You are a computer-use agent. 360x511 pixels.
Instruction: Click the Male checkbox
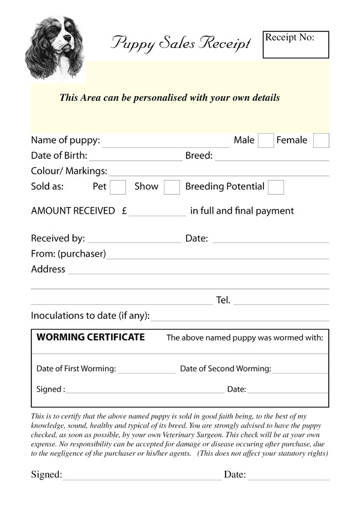265,141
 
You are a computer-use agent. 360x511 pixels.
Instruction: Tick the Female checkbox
321,141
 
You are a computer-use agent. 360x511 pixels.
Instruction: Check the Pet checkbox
118,187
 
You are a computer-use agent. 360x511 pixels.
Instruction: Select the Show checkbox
172,187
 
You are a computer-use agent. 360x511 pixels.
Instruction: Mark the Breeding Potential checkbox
276,187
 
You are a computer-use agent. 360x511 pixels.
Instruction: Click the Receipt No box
296,45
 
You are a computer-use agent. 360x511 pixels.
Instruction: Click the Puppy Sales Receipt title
181,42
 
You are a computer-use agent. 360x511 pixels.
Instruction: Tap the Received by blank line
134,242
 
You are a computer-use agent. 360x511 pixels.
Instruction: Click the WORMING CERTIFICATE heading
91,337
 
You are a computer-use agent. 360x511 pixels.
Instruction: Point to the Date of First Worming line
147,373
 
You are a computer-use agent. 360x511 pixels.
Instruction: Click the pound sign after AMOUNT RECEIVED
124,211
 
